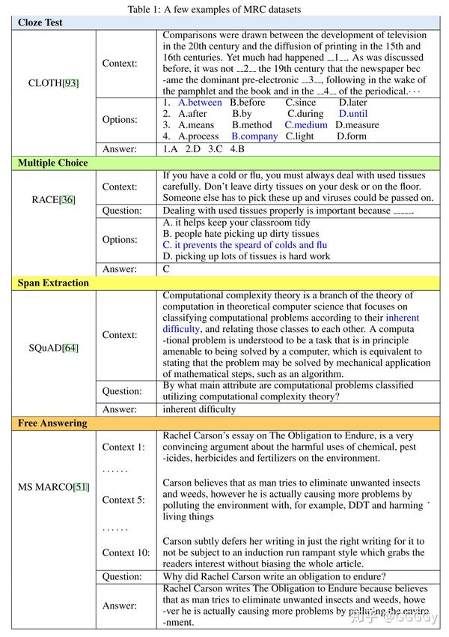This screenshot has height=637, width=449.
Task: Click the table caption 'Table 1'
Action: tap(225, 8)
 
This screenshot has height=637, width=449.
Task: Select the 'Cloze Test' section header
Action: tap(40, 22)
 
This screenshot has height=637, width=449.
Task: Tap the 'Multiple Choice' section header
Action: tap(52, 163)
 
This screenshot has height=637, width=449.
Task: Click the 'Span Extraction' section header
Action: tap(53, 283)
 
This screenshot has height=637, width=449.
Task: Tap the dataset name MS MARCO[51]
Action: tap(53, 487)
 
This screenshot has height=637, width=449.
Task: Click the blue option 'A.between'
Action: tap(200, 103)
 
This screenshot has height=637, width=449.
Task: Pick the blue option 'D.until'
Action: tap(353, 114)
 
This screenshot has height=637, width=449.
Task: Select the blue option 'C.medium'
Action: tap(305, 125)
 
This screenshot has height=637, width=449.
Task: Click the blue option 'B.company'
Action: tap(254, 136)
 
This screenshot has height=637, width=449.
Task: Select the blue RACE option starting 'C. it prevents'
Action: tap(245, 245)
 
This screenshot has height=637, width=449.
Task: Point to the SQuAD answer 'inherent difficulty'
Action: tap(199, 409)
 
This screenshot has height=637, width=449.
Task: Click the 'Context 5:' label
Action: tap(123, 500)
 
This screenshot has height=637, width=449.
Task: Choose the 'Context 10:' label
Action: tap(126, 553)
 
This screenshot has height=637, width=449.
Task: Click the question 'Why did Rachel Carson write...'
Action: tap(275, 576)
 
